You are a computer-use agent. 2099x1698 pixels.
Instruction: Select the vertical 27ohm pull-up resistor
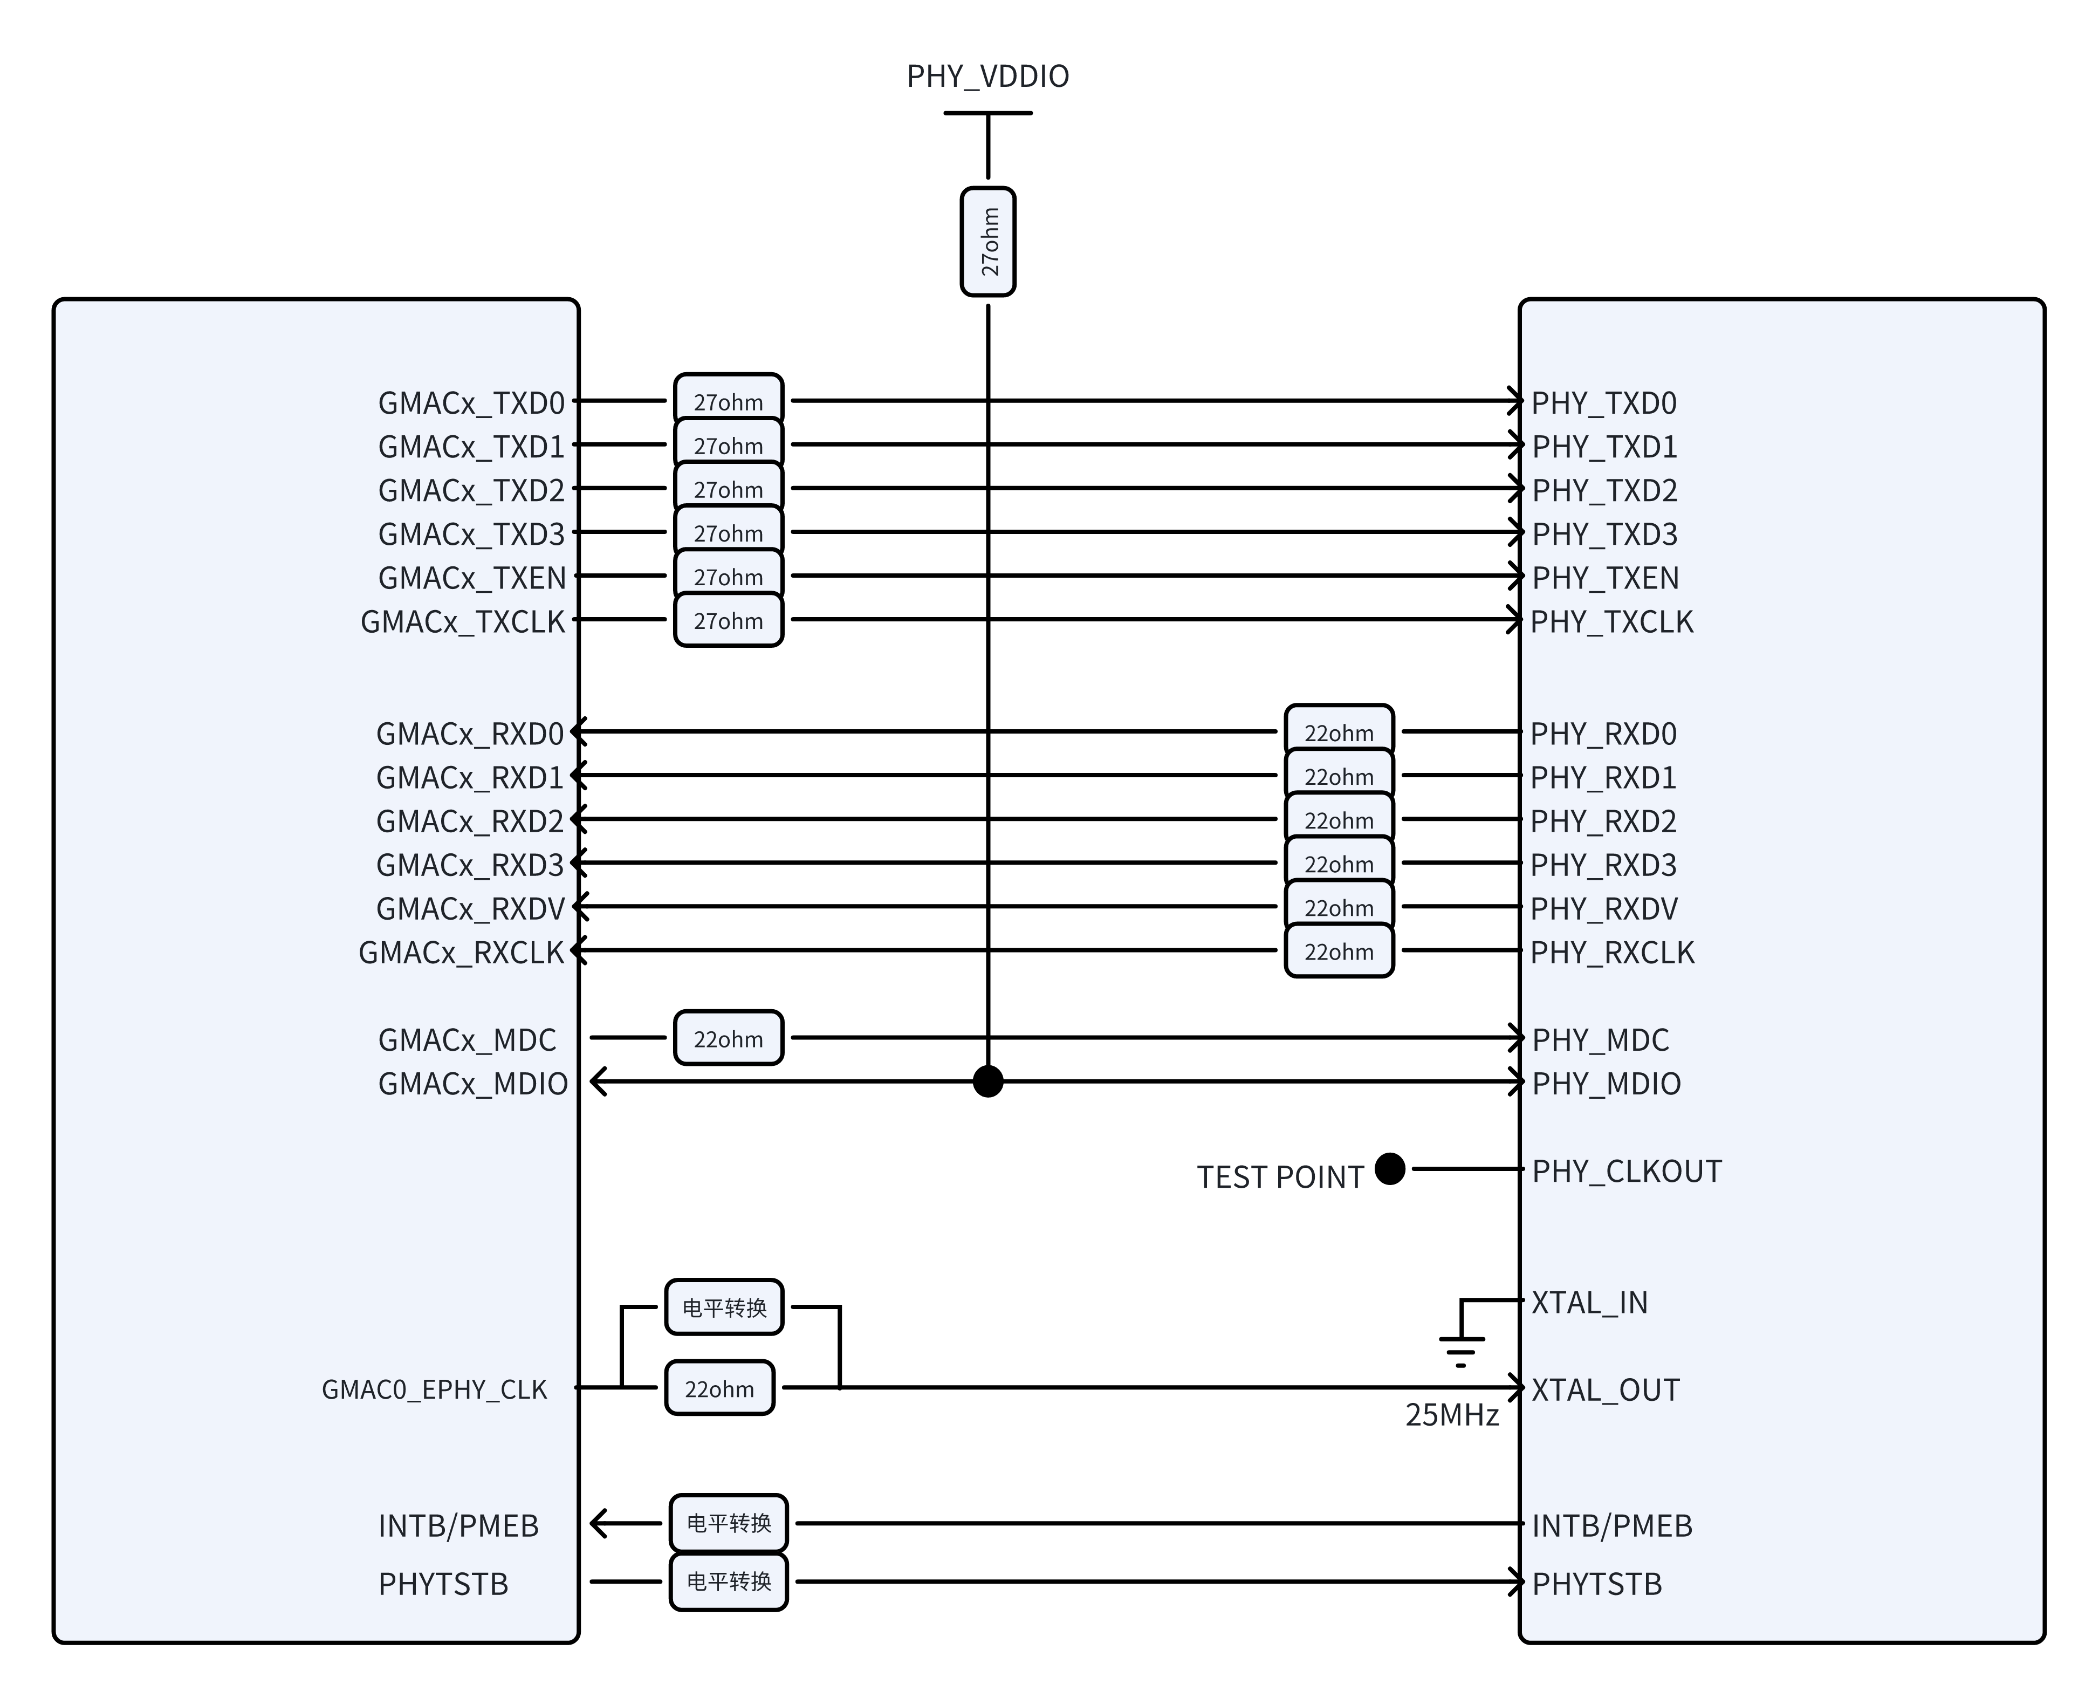click(988, 242)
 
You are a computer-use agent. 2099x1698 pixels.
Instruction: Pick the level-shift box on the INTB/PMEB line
click(729, 1523)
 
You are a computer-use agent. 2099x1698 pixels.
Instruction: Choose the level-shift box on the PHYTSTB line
click(729, 1580)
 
